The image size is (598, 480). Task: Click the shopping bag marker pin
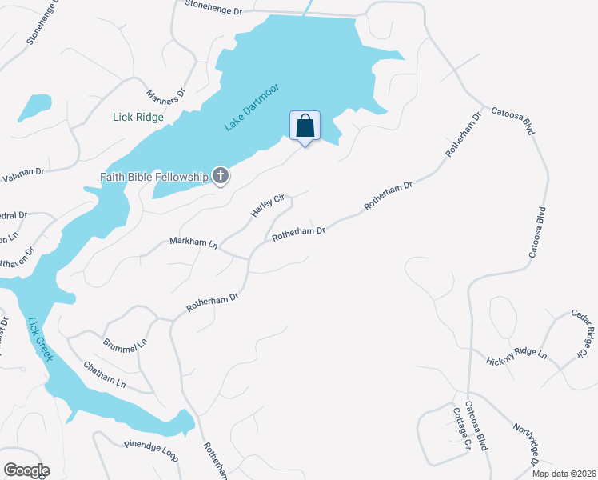[304, 126]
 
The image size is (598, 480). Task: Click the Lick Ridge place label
[138, 118]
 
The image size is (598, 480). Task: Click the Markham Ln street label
[193, 242]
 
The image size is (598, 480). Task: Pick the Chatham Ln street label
[105, 374]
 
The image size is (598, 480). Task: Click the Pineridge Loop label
[150, 451]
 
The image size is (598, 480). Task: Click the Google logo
[26, 470]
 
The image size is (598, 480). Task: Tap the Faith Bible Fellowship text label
[153, 177]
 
